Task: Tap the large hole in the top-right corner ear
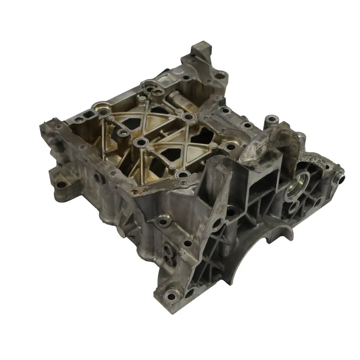pos(220,76)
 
